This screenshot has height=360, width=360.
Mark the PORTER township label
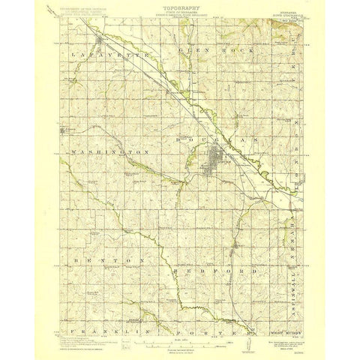coord(217,308)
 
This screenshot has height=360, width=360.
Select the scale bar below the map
coord(180,322)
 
